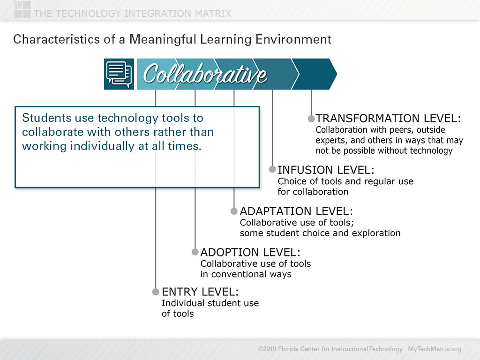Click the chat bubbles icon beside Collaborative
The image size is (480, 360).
(x=119, y=74)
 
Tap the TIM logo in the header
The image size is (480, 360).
(x=22, y=9)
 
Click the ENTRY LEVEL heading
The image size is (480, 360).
(x=200, y=292)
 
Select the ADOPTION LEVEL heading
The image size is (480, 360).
(x=250, y=252)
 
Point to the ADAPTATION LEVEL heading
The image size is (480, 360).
(x=296, y=211)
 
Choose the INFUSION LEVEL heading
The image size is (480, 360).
(x=326, y=170)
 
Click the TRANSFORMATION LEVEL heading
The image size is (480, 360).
(x=388, y=118)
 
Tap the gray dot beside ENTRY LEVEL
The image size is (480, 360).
(x=156, y=292)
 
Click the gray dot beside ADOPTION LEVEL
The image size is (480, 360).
(x=195, y=252)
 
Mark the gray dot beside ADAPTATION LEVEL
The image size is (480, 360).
(x=234, y=211)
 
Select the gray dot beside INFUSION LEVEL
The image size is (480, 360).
(x=272, y=169)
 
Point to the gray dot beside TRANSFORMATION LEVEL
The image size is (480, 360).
(x=311, y=119)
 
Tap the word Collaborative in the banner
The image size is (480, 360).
(x=205, y=74)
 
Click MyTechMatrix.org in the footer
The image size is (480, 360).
(x=434, y=349)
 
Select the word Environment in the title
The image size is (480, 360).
(x=293, y=39)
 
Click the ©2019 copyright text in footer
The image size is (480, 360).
(x=330, y=349)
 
